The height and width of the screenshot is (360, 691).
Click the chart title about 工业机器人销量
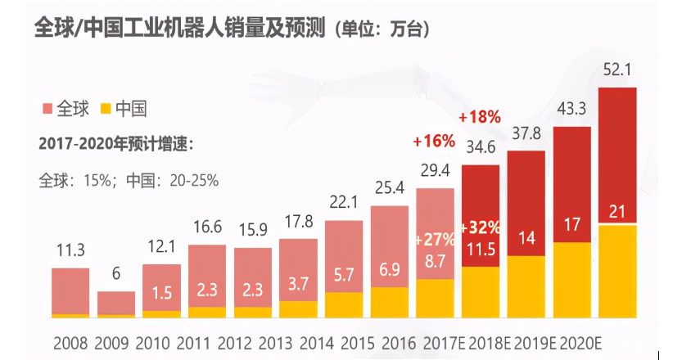pyautogui.click(x=180, y=29)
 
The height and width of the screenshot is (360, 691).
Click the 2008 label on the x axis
pyautogui.click(x=70, y=340)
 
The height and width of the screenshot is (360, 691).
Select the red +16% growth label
pyautogui.click(x=434, y=142)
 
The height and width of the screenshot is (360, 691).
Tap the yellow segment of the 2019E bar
pyautogui.click(x=526, y=286)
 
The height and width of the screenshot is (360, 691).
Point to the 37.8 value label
pyautogui.click(x=526, y=133)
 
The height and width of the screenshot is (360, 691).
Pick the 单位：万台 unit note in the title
pyautogui.click(x=382, y=30)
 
